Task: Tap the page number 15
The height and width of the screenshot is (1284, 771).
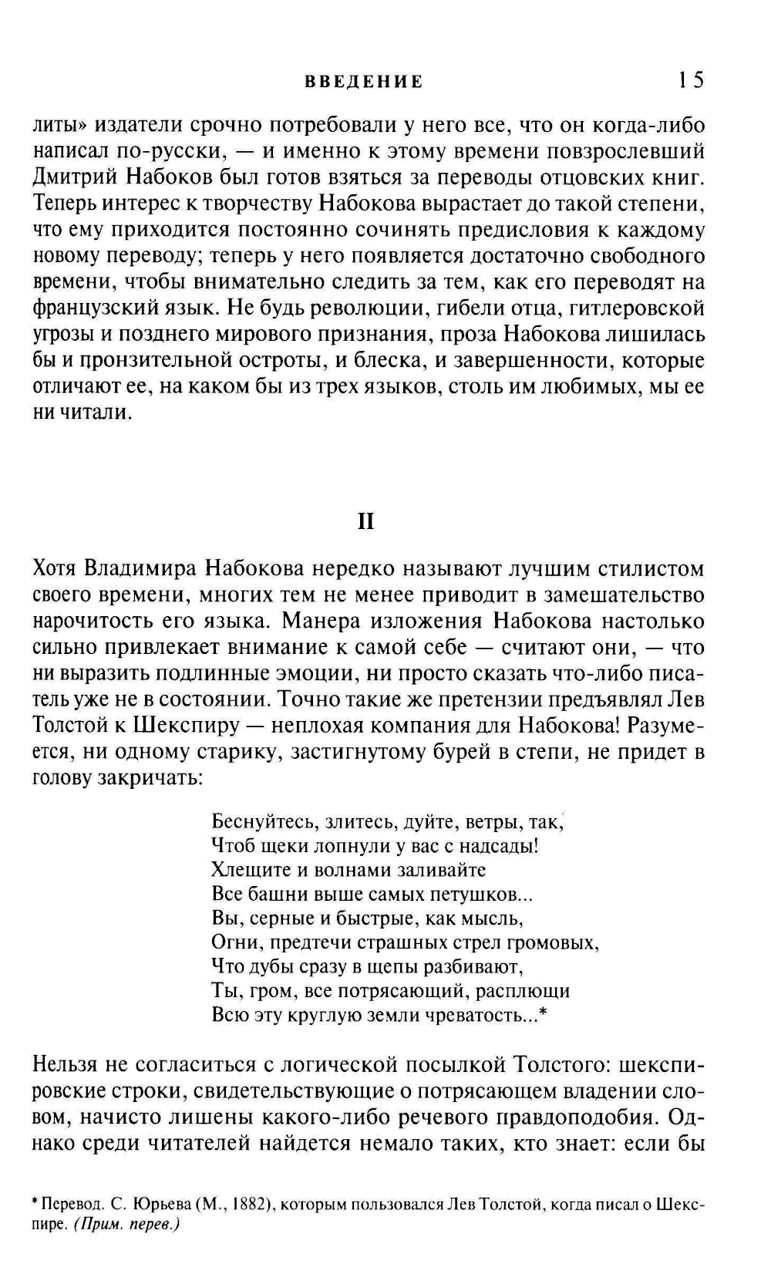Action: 691,80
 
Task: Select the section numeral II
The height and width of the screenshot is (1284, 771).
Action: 366,522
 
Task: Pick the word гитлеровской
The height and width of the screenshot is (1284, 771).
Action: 643,308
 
